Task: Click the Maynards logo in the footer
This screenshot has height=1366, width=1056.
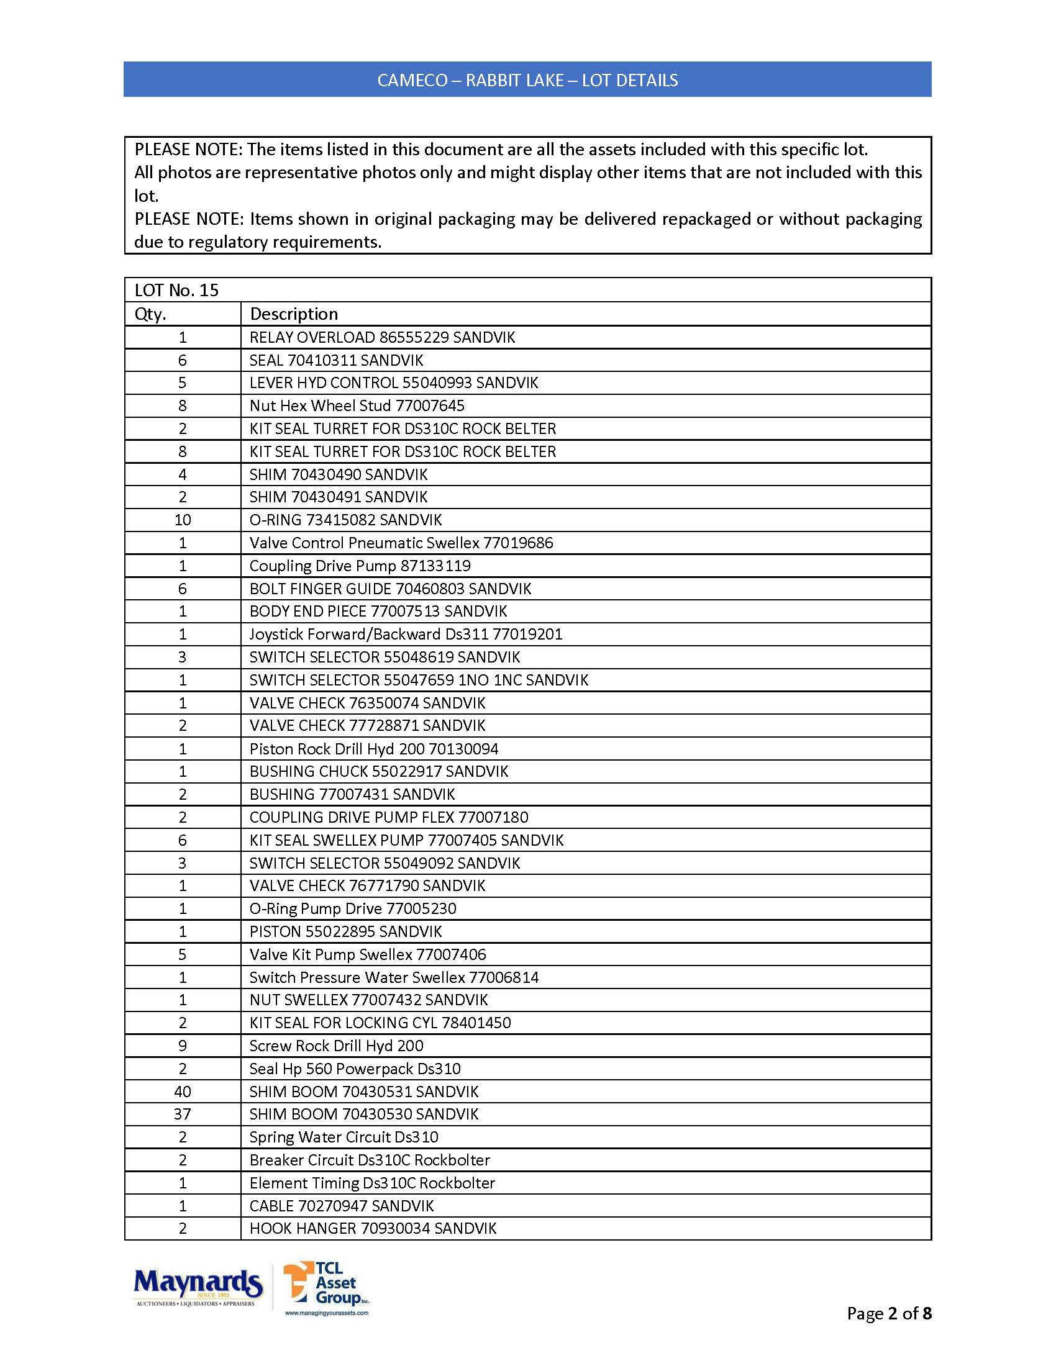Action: [197, 1287]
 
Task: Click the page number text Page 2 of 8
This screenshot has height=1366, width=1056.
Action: [888, 1313]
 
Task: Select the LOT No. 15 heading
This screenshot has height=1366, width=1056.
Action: [176, 290]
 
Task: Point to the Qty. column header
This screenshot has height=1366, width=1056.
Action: [150, 314]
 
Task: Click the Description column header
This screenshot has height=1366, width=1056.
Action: [293, 314]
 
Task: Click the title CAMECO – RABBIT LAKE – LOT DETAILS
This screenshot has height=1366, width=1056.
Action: [527, 80]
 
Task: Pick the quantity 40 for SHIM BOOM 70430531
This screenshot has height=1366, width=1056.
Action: [183, 1092]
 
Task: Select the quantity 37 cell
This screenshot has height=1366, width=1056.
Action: [183, 1114]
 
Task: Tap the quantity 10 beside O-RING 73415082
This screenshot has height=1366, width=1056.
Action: [183, 520]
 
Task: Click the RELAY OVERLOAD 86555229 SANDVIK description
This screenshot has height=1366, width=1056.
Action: [381, 337]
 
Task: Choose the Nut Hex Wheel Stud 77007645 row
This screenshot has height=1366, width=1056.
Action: [357, 405]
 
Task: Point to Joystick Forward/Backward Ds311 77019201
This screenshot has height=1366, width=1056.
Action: [406, 634]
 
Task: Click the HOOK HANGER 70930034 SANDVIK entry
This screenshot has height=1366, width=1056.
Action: [373, 1228]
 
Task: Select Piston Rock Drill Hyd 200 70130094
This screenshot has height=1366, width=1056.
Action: [373, 749]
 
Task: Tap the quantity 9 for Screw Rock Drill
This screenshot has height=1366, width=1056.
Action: [183, 1046]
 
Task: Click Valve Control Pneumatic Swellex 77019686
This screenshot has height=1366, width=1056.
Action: [401, 543]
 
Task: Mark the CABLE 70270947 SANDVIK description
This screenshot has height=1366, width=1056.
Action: [342, 1206]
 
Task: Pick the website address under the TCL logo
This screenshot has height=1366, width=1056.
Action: [327, 1313]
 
